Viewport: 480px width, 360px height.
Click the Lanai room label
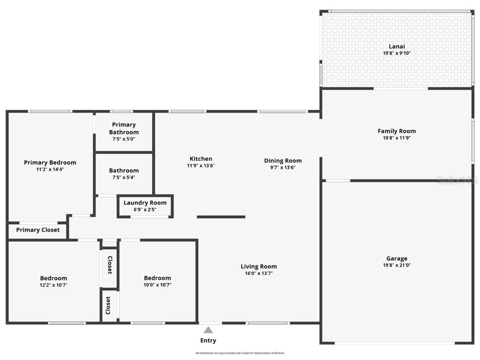coord(397,46)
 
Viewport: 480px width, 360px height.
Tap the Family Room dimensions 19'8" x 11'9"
coord(397,138)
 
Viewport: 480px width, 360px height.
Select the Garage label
coord(396,258)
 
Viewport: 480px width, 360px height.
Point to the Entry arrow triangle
coord(208,330)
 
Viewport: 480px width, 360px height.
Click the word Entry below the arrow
coord(208,340)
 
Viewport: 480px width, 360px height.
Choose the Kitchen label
coord(201,159)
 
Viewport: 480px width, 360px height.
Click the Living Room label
coord(259,267)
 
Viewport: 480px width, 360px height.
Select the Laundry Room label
coord(145,203)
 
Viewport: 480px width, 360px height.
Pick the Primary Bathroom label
coord(124,128)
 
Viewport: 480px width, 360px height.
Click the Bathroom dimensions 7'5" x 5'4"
coord(124,177)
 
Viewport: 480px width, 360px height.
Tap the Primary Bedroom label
coord(50,163)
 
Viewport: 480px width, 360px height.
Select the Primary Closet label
coord(38,230)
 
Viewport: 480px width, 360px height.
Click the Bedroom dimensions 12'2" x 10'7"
coord(54,285)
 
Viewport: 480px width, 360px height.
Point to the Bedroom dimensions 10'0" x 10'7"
coord(157,285)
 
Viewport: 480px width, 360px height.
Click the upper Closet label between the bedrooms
coord(109,265)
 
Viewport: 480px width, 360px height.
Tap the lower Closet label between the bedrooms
coord(108,305)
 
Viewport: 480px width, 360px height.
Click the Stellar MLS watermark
coord(457,180)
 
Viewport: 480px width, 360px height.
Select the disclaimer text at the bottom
coord(240,353)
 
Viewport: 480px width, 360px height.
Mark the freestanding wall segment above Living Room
coord(221,217)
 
